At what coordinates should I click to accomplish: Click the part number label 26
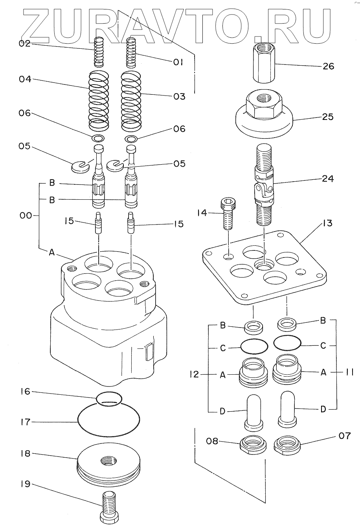pyautogui.click(x=328, y=66)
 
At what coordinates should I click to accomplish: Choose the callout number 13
pyautogui.click(x=327, y=223)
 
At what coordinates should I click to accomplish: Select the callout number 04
pyautogui.click(x=25, y=79)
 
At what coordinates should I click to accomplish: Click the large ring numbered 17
pyautogui.click(x=108, y=421)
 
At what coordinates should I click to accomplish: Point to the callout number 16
pyautogui.click(x=25, y=392)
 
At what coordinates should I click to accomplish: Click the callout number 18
pyautogui.click(x=25, y=453)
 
